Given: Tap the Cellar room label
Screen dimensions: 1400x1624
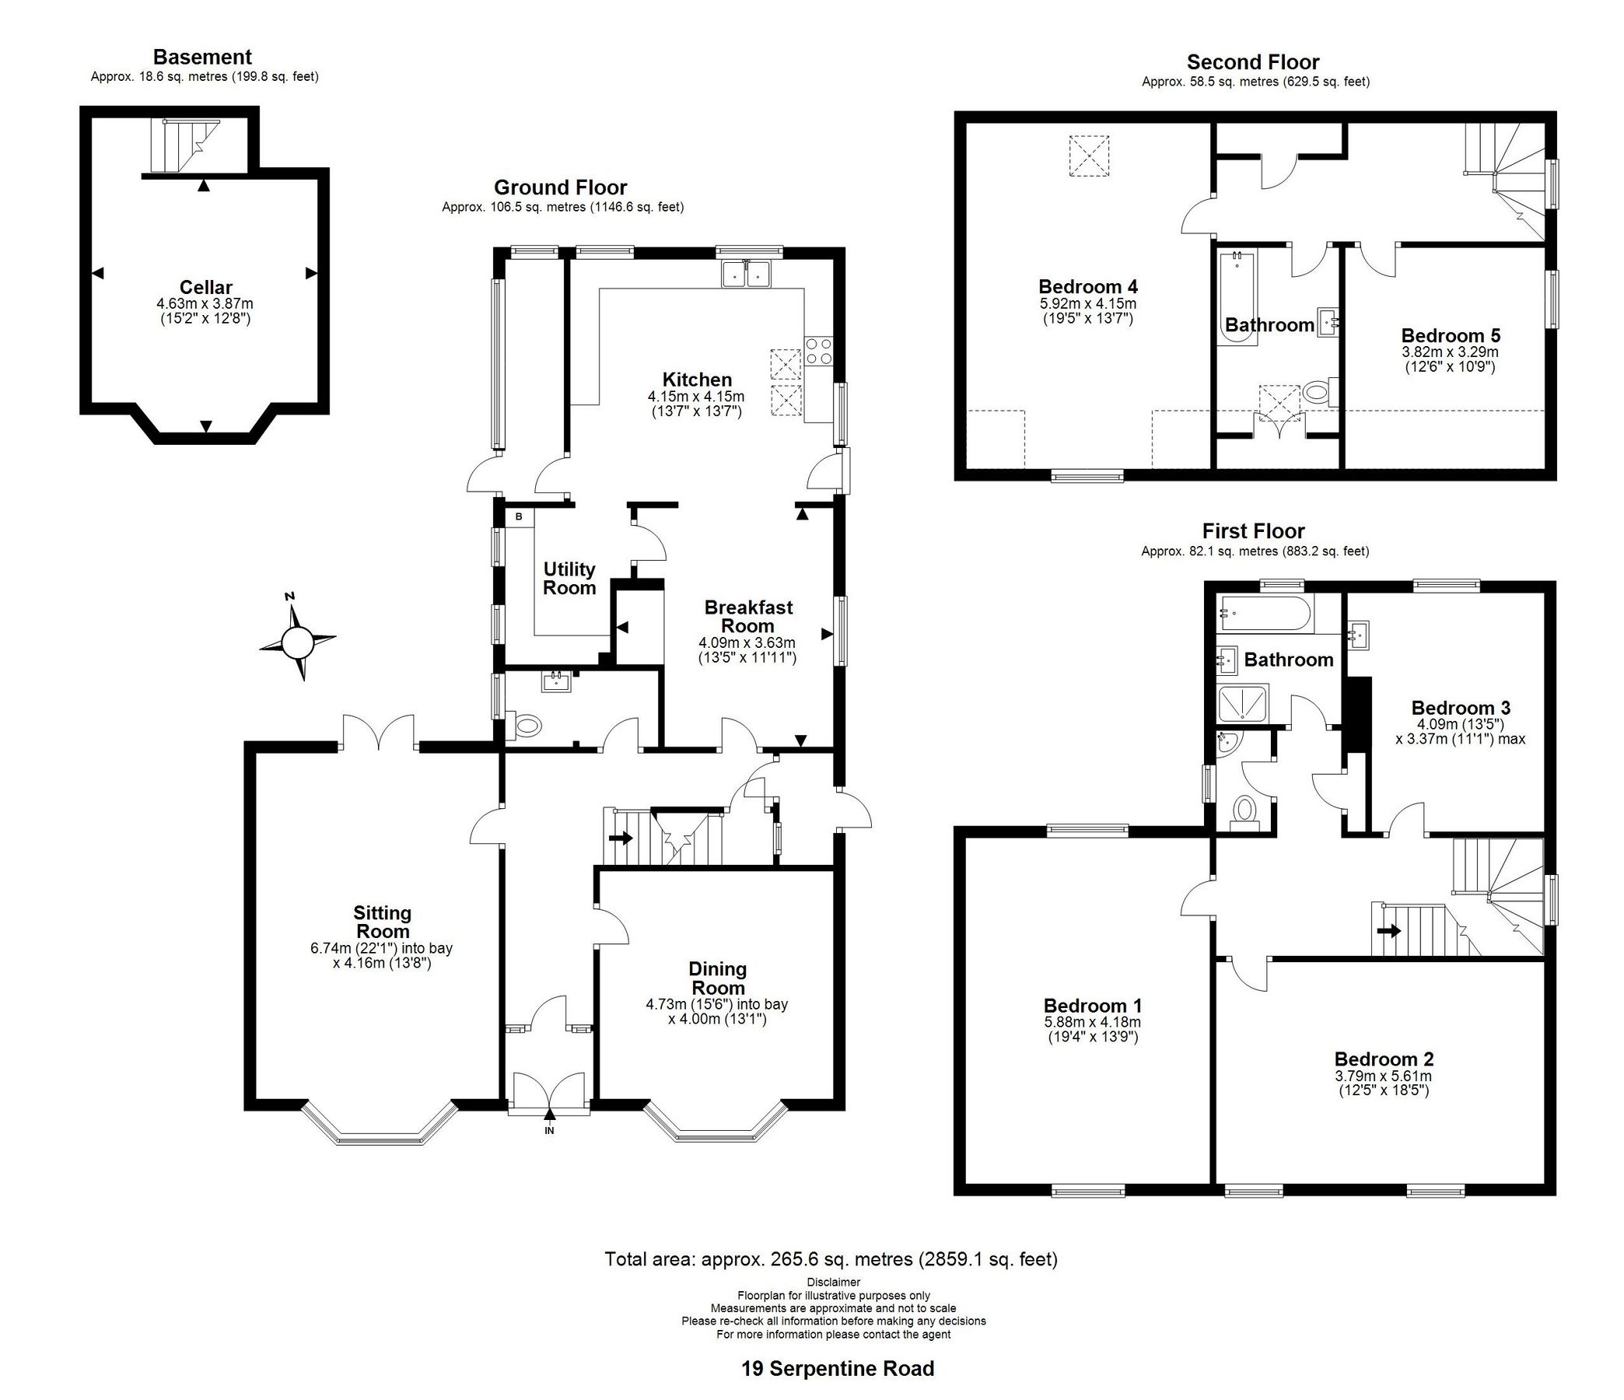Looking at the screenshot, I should tap(205, 287).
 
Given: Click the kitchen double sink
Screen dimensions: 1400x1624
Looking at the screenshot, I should tap(747, 275).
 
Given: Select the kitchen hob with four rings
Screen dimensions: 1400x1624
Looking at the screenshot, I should tap(819, 349).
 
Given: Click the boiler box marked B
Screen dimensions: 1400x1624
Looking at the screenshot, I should tap(519, 517).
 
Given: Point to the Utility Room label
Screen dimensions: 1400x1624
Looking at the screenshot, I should tap(570, 579).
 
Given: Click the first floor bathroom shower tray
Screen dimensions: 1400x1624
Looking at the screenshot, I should tap(1242, 703).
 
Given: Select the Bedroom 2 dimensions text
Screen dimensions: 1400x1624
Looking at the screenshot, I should tap(1384, 1083).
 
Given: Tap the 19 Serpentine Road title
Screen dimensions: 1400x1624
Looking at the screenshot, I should tap(838, 1369).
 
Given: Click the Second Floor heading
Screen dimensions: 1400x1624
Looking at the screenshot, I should tap(1252, 62).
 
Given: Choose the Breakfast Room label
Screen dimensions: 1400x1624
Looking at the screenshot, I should tap(747, 616).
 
